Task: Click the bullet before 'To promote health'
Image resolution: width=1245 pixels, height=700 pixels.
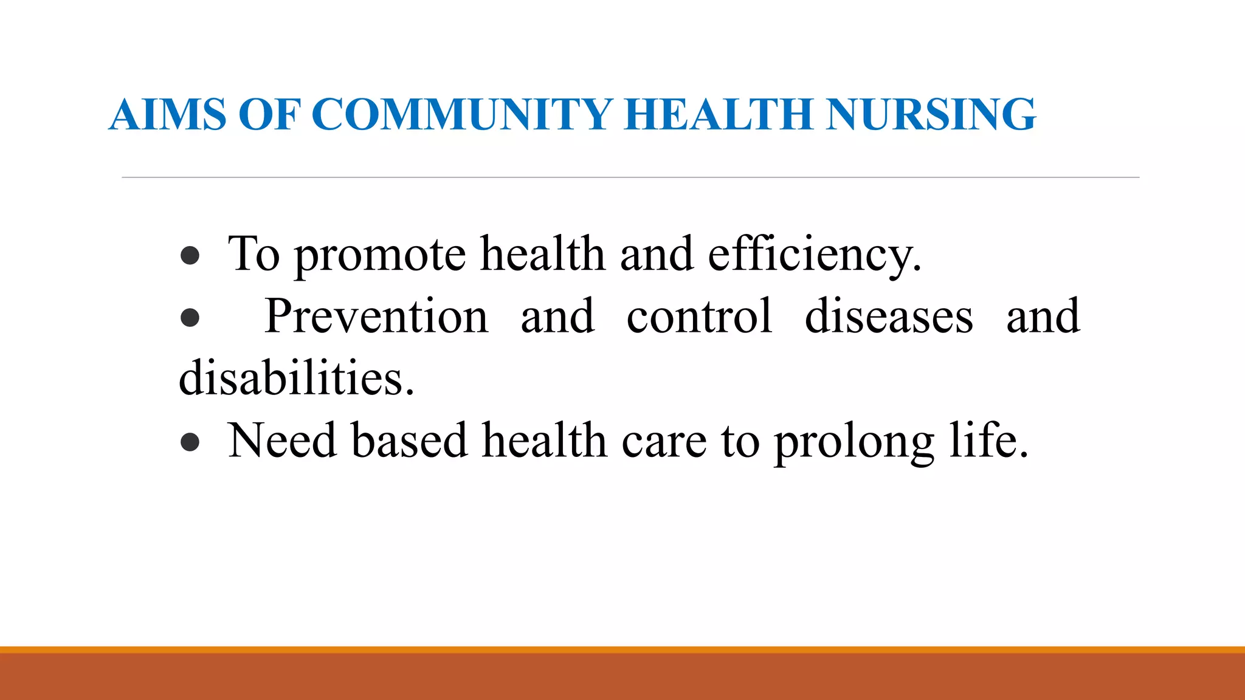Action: (190, 256)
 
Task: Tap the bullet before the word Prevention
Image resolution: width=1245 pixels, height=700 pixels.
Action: (190, 317)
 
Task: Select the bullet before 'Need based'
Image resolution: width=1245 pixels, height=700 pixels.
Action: (190, 442)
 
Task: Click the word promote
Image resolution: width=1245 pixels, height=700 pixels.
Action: (381, 255)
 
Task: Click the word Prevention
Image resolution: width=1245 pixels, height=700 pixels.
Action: (376, 317)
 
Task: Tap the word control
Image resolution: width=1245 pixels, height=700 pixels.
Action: (699, 317)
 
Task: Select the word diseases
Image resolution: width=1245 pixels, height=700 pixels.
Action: (889, 317)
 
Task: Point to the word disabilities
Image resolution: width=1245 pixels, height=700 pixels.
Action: (296, 379)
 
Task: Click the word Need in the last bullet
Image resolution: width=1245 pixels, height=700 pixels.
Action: (281, 441)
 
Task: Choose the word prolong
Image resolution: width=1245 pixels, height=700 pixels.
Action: (854, 442)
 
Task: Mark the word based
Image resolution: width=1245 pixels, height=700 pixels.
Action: (409, 441)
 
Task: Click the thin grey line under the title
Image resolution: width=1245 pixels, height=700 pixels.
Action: (630, 177)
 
